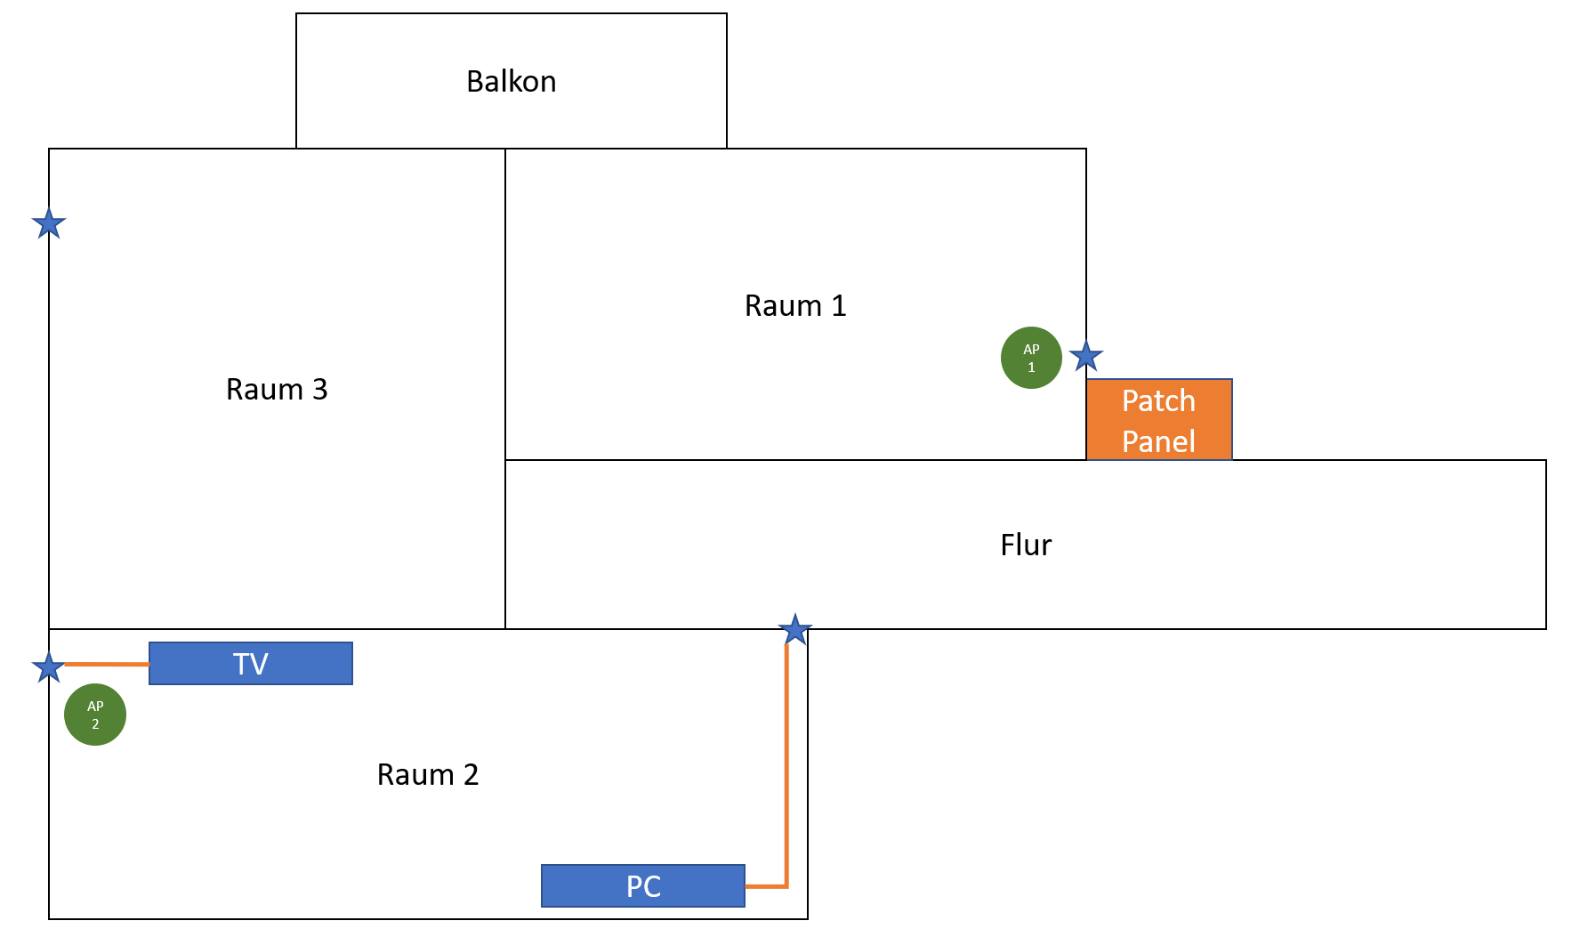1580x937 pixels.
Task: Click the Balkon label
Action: click(511, 81)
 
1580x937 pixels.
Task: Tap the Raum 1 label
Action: click(794, 305)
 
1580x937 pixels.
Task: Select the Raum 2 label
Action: click(427, 774)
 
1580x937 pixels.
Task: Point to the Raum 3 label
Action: click(276, 389)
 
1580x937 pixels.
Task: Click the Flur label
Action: click(1025, 545)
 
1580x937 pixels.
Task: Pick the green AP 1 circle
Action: click(1031, 358)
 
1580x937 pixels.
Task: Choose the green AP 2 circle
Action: click(95, 715)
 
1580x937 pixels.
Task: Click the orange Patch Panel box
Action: click(1158, 420)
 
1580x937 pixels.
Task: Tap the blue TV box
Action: click(250, 664)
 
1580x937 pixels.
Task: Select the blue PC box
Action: click(642, 886)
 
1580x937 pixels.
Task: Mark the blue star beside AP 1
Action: click(1086, 357)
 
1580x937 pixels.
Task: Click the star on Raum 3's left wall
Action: click(49, 223)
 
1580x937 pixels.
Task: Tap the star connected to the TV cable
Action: click(48, 666)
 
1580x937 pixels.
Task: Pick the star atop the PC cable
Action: click(794, 630)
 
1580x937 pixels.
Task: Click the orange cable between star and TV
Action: click(107, 664)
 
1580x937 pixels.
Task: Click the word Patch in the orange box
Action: click(1158, 400)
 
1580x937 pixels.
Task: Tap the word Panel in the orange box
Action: click(1158, 441)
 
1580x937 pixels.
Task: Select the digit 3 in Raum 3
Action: click(319, 389)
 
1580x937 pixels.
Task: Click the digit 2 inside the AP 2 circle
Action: click(95, 724)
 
